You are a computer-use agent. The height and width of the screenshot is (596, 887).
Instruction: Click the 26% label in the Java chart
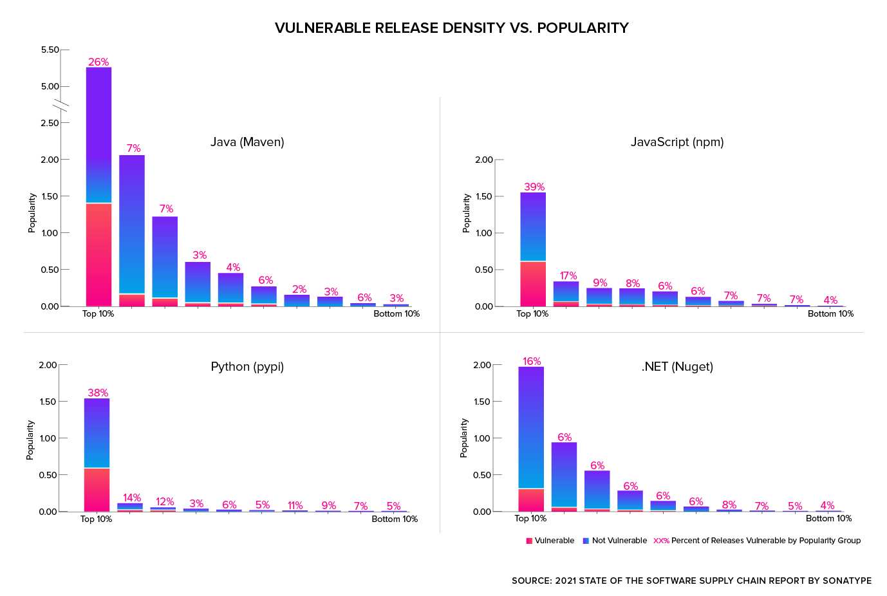point(98,62)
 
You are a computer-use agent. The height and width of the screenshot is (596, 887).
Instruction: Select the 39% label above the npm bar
point(534,187)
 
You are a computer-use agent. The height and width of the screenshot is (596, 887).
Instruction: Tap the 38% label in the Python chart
point(98,393)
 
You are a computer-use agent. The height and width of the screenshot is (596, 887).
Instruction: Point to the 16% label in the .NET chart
point(532,361)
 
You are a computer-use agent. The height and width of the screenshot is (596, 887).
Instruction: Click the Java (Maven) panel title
point(247,142)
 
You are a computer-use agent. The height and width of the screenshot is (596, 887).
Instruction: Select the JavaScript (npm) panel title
point(677,142)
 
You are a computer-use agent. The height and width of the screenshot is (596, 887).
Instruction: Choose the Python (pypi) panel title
point(247,366)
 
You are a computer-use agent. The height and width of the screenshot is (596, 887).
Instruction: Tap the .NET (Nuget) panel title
point(677,366)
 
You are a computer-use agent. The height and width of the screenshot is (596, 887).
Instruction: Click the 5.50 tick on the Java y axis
point(50,50)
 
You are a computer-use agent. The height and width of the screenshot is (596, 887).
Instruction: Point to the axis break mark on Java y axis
point(61,105)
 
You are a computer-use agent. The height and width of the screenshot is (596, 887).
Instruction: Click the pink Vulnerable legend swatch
point(529,541)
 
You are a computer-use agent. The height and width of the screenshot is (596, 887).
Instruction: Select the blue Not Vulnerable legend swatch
point(586,541)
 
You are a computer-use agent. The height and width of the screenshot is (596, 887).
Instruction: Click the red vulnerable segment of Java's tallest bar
point(98,254)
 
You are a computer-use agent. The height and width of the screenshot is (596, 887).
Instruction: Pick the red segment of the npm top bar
point(533,283)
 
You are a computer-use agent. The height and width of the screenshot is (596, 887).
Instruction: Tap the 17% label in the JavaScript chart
point(568,275)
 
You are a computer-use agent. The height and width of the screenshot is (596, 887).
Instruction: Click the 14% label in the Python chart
point(132,498)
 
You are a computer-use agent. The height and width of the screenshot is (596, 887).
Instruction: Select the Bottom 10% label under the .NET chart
point(828,518)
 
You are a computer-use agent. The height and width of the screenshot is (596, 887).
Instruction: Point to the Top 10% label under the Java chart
point(98,313)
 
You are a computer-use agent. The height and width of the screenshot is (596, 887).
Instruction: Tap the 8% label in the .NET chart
point(729,505)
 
